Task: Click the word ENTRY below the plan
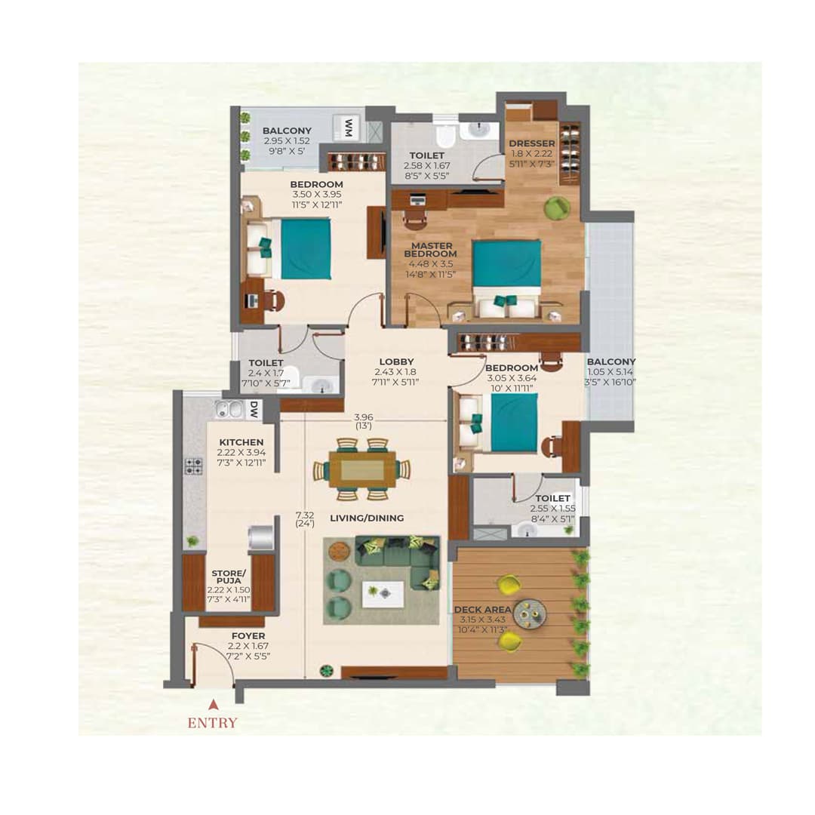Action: (x=212, y=723)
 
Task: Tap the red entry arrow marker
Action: (x=214, y=703)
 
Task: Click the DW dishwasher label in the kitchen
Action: (x=254, y=411)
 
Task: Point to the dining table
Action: (x=362, y=469)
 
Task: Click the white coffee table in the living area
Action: (x=382, y=593)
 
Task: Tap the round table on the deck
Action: (x=537, y=613)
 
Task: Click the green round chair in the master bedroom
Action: (x=558, y=208)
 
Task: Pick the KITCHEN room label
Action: (x=241, y=442)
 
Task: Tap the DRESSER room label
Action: (x=532, y=143)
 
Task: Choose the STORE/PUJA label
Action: (x=229, y=577)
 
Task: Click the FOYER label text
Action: (x=248, y=636)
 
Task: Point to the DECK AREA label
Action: (x=483, y=608)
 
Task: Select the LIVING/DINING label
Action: (x=367, y=518)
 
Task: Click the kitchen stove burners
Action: (x=193, y=466)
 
